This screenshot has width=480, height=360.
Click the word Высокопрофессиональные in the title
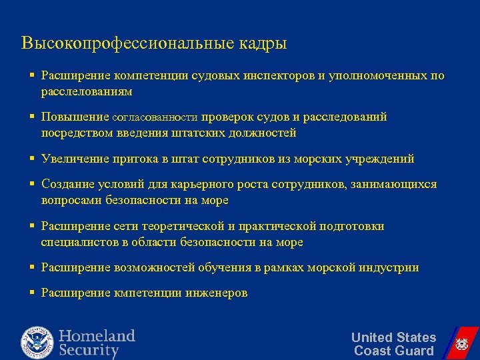(x=127, y=43)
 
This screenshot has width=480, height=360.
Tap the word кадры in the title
(x=262, y=45)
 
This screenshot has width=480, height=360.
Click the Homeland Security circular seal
(x=37, y=343)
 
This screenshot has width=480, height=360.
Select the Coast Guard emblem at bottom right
(x=461, y=344)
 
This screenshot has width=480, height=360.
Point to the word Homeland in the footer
(x=97, y=335)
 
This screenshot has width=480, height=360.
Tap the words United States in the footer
(x=393, y=337)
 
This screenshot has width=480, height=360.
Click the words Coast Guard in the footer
(x=393, y=351)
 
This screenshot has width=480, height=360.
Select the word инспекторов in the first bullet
(x=275, y=76)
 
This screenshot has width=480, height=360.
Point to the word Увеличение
(x=73, y=159)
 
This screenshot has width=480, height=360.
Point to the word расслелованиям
(x=87, y=91)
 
